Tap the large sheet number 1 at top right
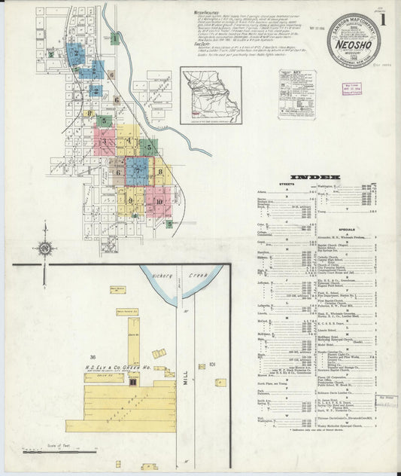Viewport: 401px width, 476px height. [x=384, y=19]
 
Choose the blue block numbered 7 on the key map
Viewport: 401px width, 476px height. [x=138, y=171]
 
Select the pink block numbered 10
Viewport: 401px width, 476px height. [x=159, y=200]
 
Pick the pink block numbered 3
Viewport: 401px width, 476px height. [x=104, y=142]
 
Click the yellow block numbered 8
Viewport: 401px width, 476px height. [x=161, y=172]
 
